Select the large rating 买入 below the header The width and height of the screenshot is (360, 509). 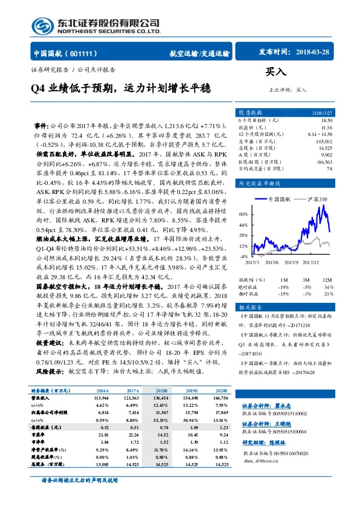pos(276,72)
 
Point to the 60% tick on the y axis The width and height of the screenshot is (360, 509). pos(242,214)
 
